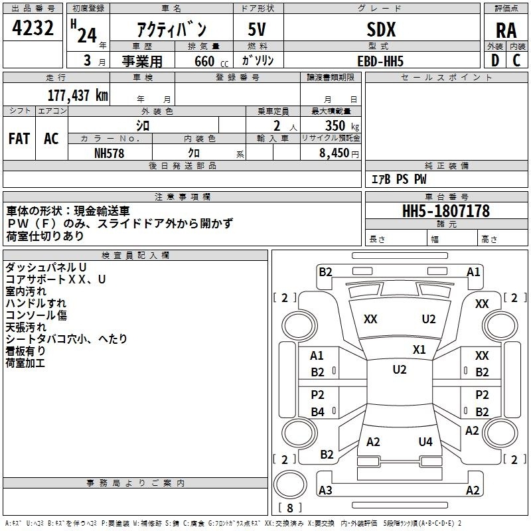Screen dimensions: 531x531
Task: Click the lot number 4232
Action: point(33,29)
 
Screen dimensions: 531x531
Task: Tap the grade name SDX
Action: point(381,29)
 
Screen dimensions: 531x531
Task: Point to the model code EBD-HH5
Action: point(380,60)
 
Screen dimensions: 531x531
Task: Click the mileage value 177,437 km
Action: point(78,95)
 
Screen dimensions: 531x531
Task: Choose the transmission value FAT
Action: point(19,139)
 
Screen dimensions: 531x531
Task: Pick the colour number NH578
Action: point(110,153)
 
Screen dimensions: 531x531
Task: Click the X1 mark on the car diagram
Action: point(419,349)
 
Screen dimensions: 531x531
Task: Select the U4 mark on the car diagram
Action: point(425,441)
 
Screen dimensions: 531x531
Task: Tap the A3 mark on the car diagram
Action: point(325,491)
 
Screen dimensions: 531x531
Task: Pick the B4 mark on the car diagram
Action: point(318,412)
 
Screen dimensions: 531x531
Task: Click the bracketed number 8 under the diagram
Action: point(289,508)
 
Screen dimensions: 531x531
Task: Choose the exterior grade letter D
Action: point(494,60)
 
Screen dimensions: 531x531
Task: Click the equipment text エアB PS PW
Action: point(398,179)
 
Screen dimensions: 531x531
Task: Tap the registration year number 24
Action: point(86,35)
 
